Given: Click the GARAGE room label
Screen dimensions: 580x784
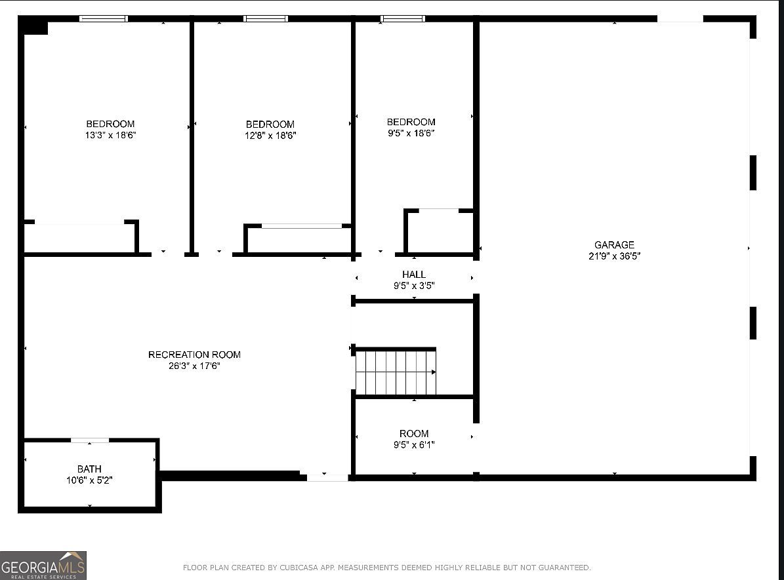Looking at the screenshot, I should pyautogui.click(x=614, y=245).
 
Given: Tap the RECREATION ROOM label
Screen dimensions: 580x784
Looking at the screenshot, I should pyautogui.click(x=194, y=355).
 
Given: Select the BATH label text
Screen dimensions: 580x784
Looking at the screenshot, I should pyautogui.click(x=89, y=469).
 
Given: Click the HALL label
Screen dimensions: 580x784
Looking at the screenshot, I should pyautogui.click(x=414, y=275).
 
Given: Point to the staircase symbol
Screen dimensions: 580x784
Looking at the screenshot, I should pyautogui.click(x=396, y=372).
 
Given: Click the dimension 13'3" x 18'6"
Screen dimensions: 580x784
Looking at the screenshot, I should pyautogui.click(x=110, y=136).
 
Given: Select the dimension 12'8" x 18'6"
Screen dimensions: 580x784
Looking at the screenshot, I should pyautogui.click(x=270, y=136).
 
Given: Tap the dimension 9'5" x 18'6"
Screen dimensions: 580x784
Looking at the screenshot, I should pyautogui.click(x=411, y=133).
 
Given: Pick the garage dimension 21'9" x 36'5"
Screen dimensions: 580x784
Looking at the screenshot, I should pyautogui.click(x=614, y=256).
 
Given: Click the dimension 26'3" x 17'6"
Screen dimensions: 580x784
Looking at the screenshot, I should pyautogui.click(x=194, y=366).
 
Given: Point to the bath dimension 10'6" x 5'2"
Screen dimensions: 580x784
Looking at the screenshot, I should pyautogui.click(x=89, y=480).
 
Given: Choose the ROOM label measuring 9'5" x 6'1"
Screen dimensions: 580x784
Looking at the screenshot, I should pyautogui.click(x=414, y=433).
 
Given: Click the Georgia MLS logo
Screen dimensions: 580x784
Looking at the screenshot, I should pyautogui.click(x=43, y=565).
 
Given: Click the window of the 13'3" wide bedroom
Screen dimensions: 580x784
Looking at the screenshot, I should pyautogui.click(x=104, y=18).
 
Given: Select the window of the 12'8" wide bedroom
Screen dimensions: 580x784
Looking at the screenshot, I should pyautogui.click(x=266, y=18).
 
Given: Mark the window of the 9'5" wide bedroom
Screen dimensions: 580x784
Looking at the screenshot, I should pyautogui.click(x=403, y=18).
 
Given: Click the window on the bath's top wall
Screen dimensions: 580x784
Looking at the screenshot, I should pyautogui.click(x=90, y=440).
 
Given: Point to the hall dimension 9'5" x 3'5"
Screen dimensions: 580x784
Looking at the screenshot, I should pyautogui.click(x=414, y=286).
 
